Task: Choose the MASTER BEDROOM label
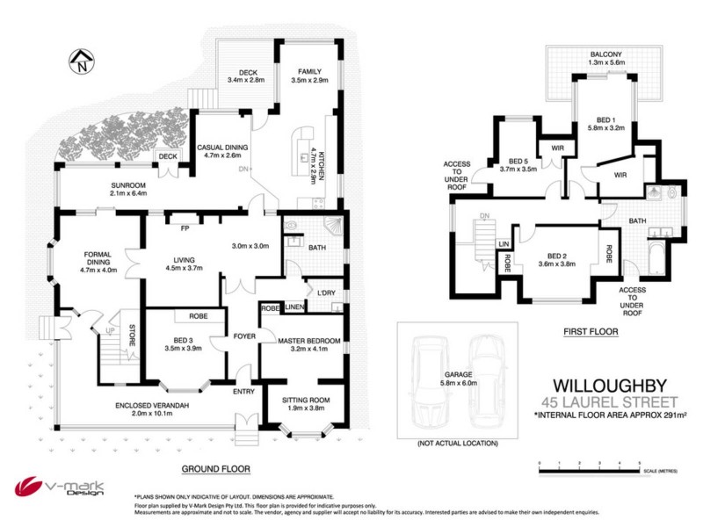302,340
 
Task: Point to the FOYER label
243,335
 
